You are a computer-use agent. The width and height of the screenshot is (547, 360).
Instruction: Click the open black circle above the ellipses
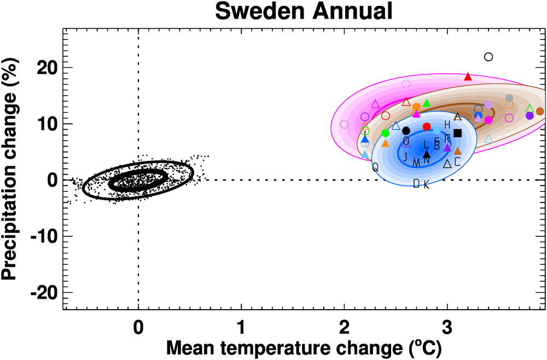(488, 56)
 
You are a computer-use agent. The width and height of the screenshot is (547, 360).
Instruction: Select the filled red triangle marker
(468, 77)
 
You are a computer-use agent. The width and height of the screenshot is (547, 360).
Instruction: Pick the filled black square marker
(458, 133)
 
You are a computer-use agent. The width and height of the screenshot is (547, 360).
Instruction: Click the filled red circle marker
(427, 126)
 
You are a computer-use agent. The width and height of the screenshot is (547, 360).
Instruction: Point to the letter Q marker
(375, 167)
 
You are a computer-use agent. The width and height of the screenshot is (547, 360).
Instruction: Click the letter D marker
(416, 183)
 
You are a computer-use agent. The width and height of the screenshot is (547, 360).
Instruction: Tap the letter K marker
(426, 185)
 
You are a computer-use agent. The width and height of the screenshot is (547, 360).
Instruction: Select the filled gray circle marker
(509, 98)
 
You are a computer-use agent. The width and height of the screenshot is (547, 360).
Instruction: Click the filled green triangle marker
(427, 103)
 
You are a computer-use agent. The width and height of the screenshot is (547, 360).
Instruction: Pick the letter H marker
(447, 125)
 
